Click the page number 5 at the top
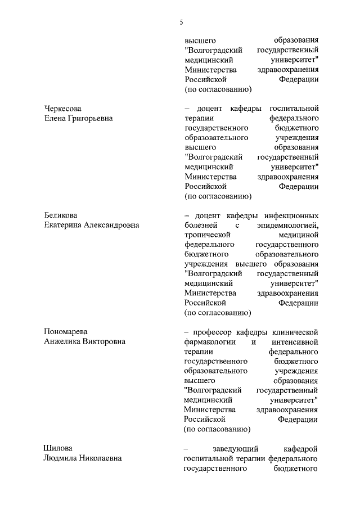pos(181,22)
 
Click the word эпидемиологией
pos(287,226)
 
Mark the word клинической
pos(296,331)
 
